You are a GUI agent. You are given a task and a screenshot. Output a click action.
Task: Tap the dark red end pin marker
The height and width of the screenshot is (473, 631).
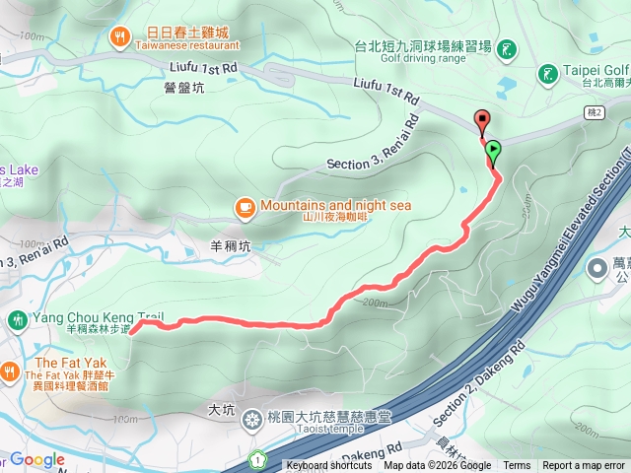(482, 121)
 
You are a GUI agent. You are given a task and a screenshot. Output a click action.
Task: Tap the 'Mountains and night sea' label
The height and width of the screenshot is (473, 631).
(335, 206)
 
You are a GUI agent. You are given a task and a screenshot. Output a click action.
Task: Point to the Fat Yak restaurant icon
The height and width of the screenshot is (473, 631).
(9, 371)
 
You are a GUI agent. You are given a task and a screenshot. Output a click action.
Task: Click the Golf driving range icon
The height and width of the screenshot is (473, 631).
(507, 49)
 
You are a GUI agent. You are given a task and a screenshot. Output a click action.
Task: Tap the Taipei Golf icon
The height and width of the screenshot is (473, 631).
(547, 73)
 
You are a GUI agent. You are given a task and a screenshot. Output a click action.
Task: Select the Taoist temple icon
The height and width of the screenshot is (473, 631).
(253, 420)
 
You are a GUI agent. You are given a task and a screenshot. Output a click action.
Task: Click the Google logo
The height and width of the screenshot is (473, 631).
(36, 459)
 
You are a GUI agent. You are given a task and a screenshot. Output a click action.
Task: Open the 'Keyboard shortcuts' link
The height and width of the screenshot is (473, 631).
(329, 466)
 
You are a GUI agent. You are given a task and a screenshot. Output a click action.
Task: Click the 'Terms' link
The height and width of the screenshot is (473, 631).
(517, 466)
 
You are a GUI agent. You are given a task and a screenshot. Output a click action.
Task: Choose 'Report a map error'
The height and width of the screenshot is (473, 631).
(584, 466)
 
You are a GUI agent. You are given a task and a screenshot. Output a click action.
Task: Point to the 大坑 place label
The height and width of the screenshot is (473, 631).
(224, 406)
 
